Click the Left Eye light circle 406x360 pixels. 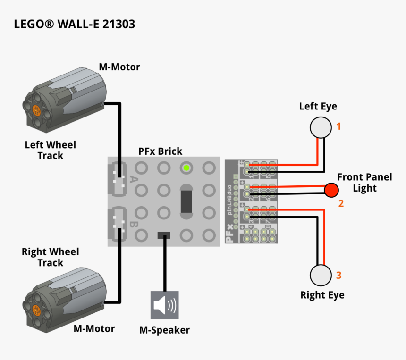tap(321, 127)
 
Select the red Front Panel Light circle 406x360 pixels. tap(331, 190)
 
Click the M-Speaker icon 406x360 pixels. tap(165, 305)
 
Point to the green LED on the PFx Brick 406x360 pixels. tap(186, 167)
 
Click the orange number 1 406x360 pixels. tap(338, 126)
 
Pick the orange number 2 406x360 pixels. tap(341, 204)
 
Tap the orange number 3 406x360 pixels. tap(338, 275)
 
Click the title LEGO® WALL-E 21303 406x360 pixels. tap(75, 24)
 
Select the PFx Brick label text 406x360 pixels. tap(160, 151)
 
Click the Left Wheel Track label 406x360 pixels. tap(50, 150)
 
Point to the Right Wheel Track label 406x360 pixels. tap(50, 257)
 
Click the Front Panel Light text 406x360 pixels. tap(364, 183)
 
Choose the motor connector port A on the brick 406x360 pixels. tap(119, 179)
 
